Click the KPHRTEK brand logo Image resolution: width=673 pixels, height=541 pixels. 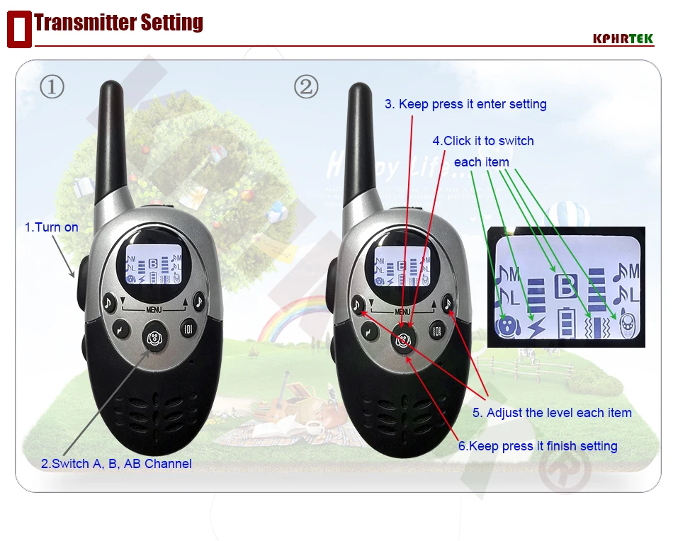[x=623, y=39]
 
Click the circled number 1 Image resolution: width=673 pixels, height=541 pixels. [x=52, y=86]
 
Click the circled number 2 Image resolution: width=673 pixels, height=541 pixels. [x=306, y=86]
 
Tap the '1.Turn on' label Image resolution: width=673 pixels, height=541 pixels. [x=52, y=227]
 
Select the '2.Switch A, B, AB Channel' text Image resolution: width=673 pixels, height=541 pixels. [x=116, y=463]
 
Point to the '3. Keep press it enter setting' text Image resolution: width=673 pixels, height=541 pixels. [x=465, y=104]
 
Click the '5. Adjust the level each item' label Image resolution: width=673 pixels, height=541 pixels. [x=552, y=412]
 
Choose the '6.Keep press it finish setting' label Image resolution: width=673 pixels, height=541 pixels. [x=538, y=445]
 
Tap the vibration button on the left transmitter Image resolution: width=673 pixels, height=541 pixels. [x=188, y=329]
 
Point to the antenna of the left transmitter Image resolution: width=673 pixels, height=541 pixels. [x=111, y=142]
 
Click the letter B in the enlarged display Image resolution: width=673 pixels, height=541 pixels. [x=566, y=286]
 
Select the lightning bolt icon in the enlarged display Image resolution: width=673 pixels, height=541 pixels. [x=536, y=327]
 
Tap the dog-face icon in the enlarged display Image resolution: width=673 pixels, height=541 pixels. [x=508, y=326]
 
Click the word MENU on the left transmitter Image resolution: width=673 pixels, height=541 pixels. [x=154, y=309]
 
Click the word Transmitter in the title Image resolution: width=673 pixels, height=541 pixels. [x=86, y=23]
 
